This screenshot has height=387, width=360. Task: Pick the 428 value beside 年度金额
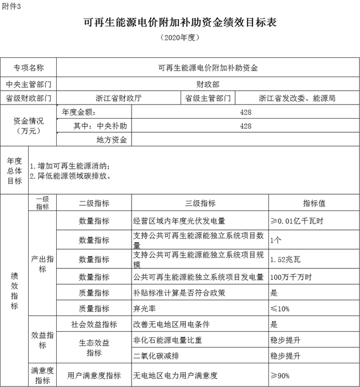(245, 112)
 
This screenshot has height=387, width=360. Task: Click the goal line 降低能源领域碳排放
(73, 176)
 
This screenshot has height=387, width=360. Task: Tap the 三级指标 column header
(200, 203)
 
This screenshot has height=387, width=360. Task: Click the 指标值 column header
(314, 203)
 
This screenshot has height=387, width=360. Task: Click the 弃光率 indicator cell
(147, 308)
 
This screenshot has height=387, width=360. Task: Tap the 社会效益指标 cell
(94, 324)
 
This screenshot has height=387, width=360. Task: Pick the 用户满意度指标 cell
(94, 375)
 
